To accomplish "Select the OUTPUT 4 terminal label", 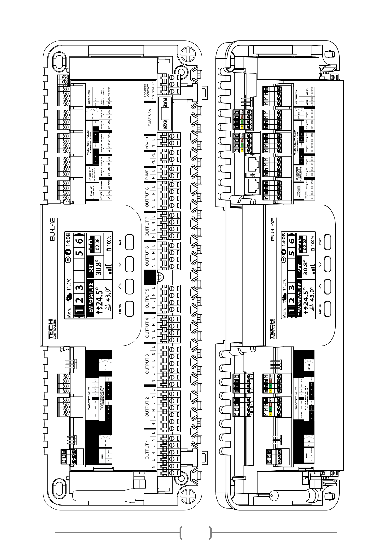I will coord(147,328).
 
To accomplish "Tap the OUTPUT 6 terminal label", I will coord(147,256).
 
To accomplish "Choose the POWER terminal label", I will coord(147,143).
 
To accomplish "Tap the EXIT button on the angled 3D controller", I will coord(326,241).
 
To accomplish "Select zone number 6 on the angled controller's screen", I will coord(292,241).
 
